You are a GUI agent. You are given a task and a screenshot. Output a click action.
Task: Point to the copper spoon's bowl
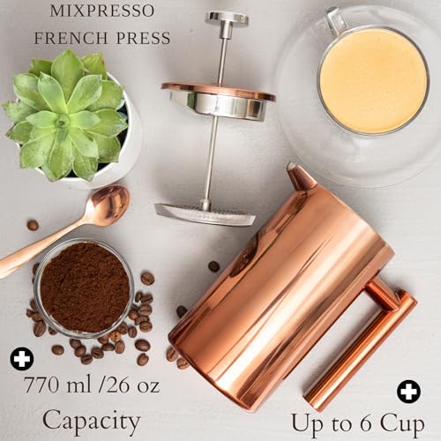(108, 206)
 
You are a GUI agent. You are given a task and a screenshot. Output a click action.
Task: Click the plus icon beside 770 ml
(19, 359)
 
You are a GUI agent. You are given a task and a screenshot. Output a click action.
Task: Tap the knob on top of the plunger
(227, 18)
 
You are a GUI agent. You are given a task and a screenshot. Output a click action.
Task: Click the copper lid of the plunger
(218, 92)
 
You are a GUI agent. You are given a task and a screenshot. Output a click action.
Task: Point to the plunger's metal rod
(213, 159)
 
